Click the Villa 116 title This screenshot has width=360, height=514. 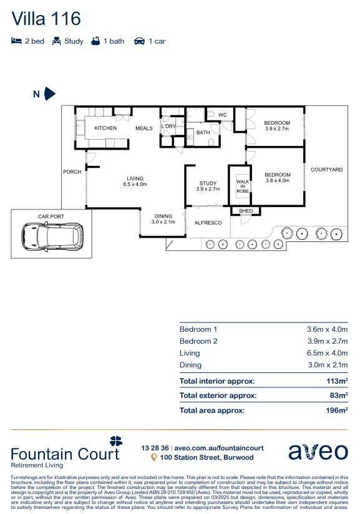[46, 19]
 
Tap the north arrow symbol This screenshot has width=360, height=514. [49, 94]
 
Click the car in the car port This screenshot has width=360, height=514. [52, 236]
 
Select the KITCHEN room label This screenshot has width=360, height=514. [105, 128]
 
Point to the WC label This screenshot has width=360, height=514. [223, 115]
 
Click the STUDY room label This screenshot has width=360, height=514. [208, 183]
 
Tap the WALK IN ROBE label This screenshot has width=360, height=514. [243, 186]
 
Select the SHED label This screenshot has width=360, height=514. [246, 211]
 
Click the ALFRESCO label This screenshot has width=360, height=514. [208, 223]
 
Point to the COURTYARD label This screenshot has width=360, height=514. [326, 170]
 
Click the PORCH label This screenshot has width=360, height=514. [72, 172]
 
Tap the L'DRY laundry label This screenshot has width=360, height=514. [168, 126]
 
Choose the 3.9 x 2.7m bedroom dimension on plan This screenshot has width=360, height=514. [277, 129]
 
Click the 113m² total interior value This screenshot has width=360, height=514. [337, 381]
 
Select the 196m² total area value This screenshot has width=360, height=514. [337, 410]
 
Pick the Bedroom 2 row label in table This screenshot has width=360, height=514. [198, 341]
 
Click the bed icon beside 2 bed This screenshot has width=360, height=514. [16, 41]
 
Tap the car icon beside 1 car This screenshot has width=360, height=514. [139, 41]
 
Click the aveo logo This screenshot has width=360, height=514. [318, 452]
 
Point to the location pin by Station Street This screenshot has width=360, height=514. [153, 457]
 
